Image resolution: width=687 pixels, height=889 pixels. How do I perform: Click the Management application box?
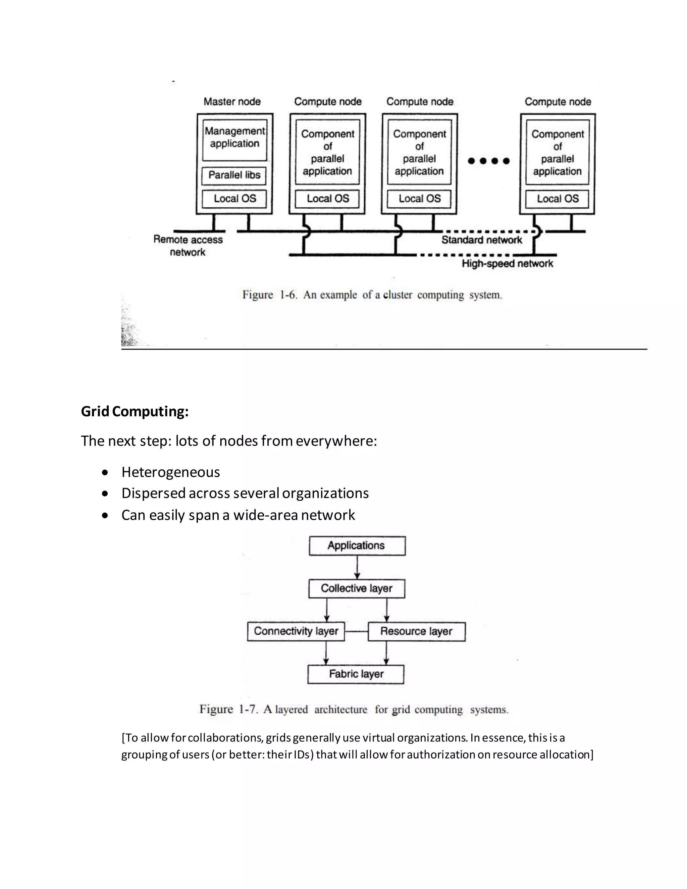pyautogui.click(x=234, y=139)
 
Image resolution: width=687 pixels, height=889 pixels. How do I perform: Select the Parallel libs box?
pyautogui.click(x=234, y=175)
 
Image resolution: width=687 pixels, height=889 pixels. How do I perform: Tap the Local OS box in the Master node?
pyautogui.click(x=234, y=199)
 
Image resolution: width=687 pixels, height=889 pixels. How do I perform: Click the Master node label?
pyautogui.click(x=232, y=101)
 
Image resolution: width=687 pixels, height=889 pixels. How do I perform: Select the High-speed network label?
pyautogui.click(x=507, y=263)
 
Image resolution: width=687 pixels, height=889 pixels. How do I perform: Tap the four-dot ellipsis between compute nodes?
pyautogui.click(x=488, y=161)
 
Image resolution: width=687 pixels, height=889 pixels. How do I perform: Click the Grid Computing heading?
pyautogui.click(x=135, y=411)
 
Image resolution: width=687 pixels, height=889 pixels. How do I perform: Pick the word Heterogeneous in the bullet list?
pyautogui.click(x=170, y=472)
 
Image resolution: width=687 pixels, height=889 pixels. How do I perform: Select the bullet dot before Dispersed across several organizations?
pyautogui.click(x=105, y=494)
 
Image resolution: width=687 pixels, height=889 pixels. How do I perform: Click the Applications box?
pyautogui.click(x=357, y=545)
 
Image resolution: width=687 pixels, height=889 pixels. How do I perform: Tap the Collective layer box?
pyautogui.click(x=357, y=589)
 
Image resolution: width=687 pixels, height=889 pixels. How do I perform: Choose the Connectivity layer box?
pyautogui.click(x=296, y=631)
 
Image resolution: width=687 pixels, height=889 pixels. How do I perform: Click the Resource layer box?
pyautogui.click(x=416, y=631)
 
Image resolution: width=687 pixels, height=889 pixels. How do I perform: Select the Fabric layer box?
pyautogui.click(x=356, y=674)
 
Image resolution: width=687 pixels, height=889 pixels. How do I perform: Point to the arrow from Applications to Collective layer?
pyautogui.click(x=357, y=567)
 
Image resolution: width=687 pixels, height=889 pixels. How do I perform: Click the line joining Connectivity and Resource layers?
pyautogui.click(x=356, y=631)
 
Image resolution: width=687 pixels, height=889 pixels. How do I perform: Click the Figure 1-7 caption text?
pyautogui.click(x=354, y=710)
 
